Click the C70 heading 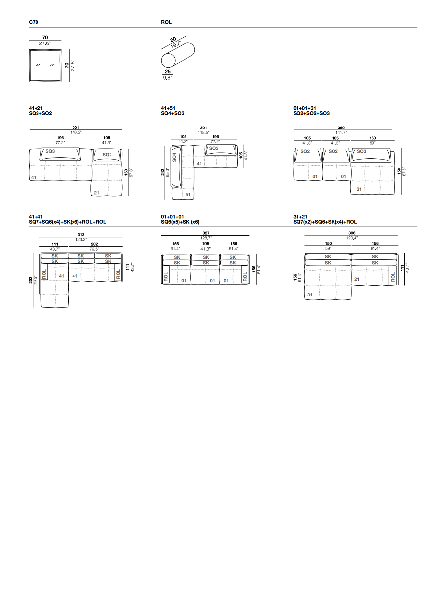click(34, 22)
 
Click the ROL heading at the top click(166, 22)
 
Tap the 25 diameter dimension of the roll click(168, 72)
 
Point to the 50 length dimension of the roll click(173, 40)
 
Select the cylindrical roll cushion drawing click(178, 56)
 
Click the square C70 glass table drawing click(45, 65)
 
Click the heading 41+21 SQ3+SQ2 click(40, 111)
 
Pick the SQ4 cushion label click(174, 157)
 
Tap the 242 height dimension click(163, 172)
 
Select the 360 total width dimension click(341, 128)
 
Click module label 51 click(188, 195)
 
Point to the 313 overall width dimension click(81, 235)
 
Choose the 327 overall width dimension click(206, 233)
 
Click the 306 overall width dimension click(352, 233)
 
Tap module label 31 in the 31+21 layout click(309, 295)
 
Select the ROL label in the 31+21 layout click(393, 277)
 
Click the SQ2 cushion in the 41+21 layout click(107, 155)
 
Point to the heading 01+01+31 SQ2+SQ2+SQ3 click(311, 111)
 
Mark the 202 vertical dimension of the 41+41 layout click(31, 280)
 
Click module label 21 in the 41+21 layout click(97, 193)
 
